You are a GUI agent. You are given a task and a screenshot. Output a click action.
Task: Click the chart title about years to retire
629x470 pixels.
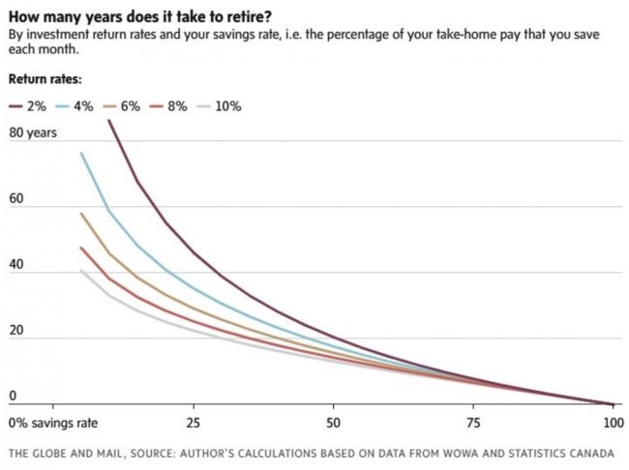(139, 15)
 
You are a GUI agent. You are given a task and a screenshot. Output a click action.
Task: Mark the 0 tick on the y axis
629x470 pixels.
(13, 396)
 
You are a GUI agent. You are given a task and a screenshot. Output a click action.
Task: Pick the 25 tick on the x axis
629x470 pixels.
(193, 424)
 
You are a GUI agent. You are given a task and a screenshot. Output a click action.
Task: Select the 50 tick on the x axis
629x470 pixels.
(333, 424)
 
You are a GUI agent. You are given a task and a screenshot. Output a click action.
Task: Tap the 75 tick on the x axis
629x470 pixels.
(473, 424)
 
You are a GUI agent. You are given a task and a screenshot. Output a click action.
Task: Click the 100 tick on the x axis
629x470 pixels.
(612, 424)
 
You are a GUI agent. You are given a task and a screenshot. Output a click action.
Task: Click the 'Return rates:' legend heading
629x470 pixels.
(45, 78)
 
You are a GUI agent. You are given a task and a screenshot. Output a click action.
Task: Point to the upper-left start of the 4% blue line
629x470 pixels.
(81, 153)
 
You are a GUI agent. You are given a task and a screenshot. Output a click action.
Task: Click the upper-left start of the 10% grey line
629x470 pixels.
(81, 270)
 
